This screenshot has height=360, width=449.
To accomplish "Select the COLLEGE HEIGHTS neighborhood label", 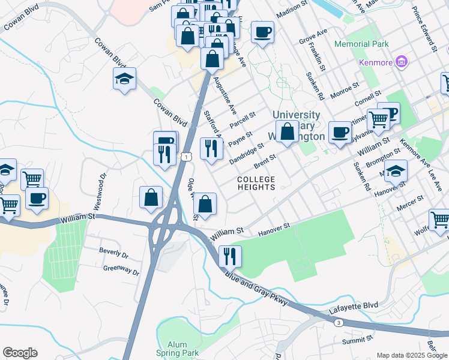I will pos(256,183).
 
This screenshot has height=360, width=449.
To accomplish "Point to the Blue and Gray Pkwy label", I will pos(258,290).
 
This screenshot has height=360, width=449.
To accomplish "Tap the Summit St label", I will pos(358,340).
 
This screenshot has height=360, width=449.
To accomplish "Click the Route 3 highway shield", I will pos(339,323).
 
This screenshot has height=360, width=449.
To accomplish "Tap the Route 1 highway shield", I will pos(187,157).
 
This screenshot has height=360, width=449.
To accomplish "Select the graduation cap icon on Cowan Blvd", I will pos(125,79).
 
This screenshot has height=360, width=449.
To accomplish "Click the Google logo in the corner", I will pos(20,353).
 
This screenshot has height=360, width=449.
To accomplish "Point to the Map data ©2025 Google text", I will pos(411,355).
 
